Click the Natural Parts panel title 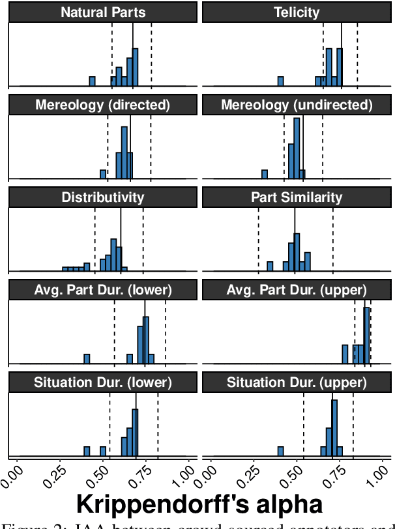pyautogui.click(x=103, y=12)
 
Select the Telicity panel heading pyautogui.click(x=297, y=12)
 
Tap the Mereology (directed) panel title pyautogui.click(x=103, y=105)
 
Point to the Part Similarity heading pyautogui.click(x=297, y=198)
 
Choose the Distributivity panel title pyautogui.click(x=103, y=198)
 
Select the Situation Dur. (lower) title pyautogui.click(x=103, y=383)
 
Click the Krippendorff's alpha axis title pyautogui.click(x=199, y=504)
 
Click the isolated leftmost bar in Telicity pyautogui.click(x=280, y=81)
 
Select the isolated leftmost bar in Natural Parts pyautogui.click(x=92, y=81)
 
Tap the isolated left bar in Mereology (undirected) pyautogui.click(x=265, y=174)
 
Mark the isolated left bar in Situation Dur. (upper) pyautogui.click(x=280, y=451)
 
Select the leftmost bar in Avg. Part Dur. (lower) pyautogui.click(x=87, y=358)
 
